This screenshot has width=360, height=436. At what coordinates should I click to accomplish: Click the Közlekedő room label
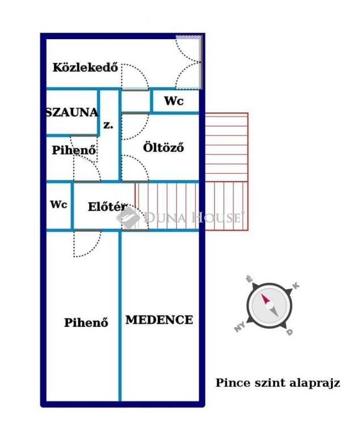[85, 68]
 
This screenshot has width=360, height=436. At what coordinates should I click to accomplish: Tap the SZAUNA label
[72, 112]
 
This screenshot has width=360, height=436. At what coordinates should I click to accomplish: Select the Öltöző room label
[164, 148]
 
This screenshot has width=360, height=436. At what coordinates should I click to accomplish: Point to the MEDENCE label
[159, 320]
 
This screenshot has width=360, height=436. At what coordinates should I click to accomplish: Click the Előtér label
[107, 207]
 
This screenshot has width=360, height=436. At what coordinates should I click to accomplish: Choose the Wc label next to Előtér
[58, 204]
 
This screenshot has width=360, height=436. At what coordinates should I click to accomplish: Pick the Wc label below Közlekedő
[174, 101]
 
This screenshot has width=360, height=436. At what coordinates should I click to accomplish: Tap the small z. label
[108, 125]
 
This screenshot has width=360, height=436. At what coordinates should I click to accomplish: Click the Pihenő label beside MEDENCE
[86, 322]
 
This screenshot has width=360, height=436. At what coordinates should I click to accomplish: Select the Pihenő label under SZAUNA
[74, 150]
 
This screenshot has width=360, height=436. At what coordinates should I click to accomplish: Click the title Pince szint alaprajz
[278, 383]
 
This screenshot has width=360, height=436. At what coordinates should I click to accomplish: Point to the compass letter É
[249, 279]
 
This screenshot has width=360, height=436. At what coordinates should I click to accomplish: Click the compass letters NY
[240, 327]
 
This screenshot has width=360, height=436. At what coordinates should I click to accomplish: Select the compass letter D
[290, 332]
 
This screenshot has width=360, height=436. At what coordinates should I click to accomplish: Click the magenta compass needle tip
[262, 294]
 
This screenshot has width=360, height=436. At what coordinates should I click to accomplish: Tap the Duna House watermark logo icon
[128, 218]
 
